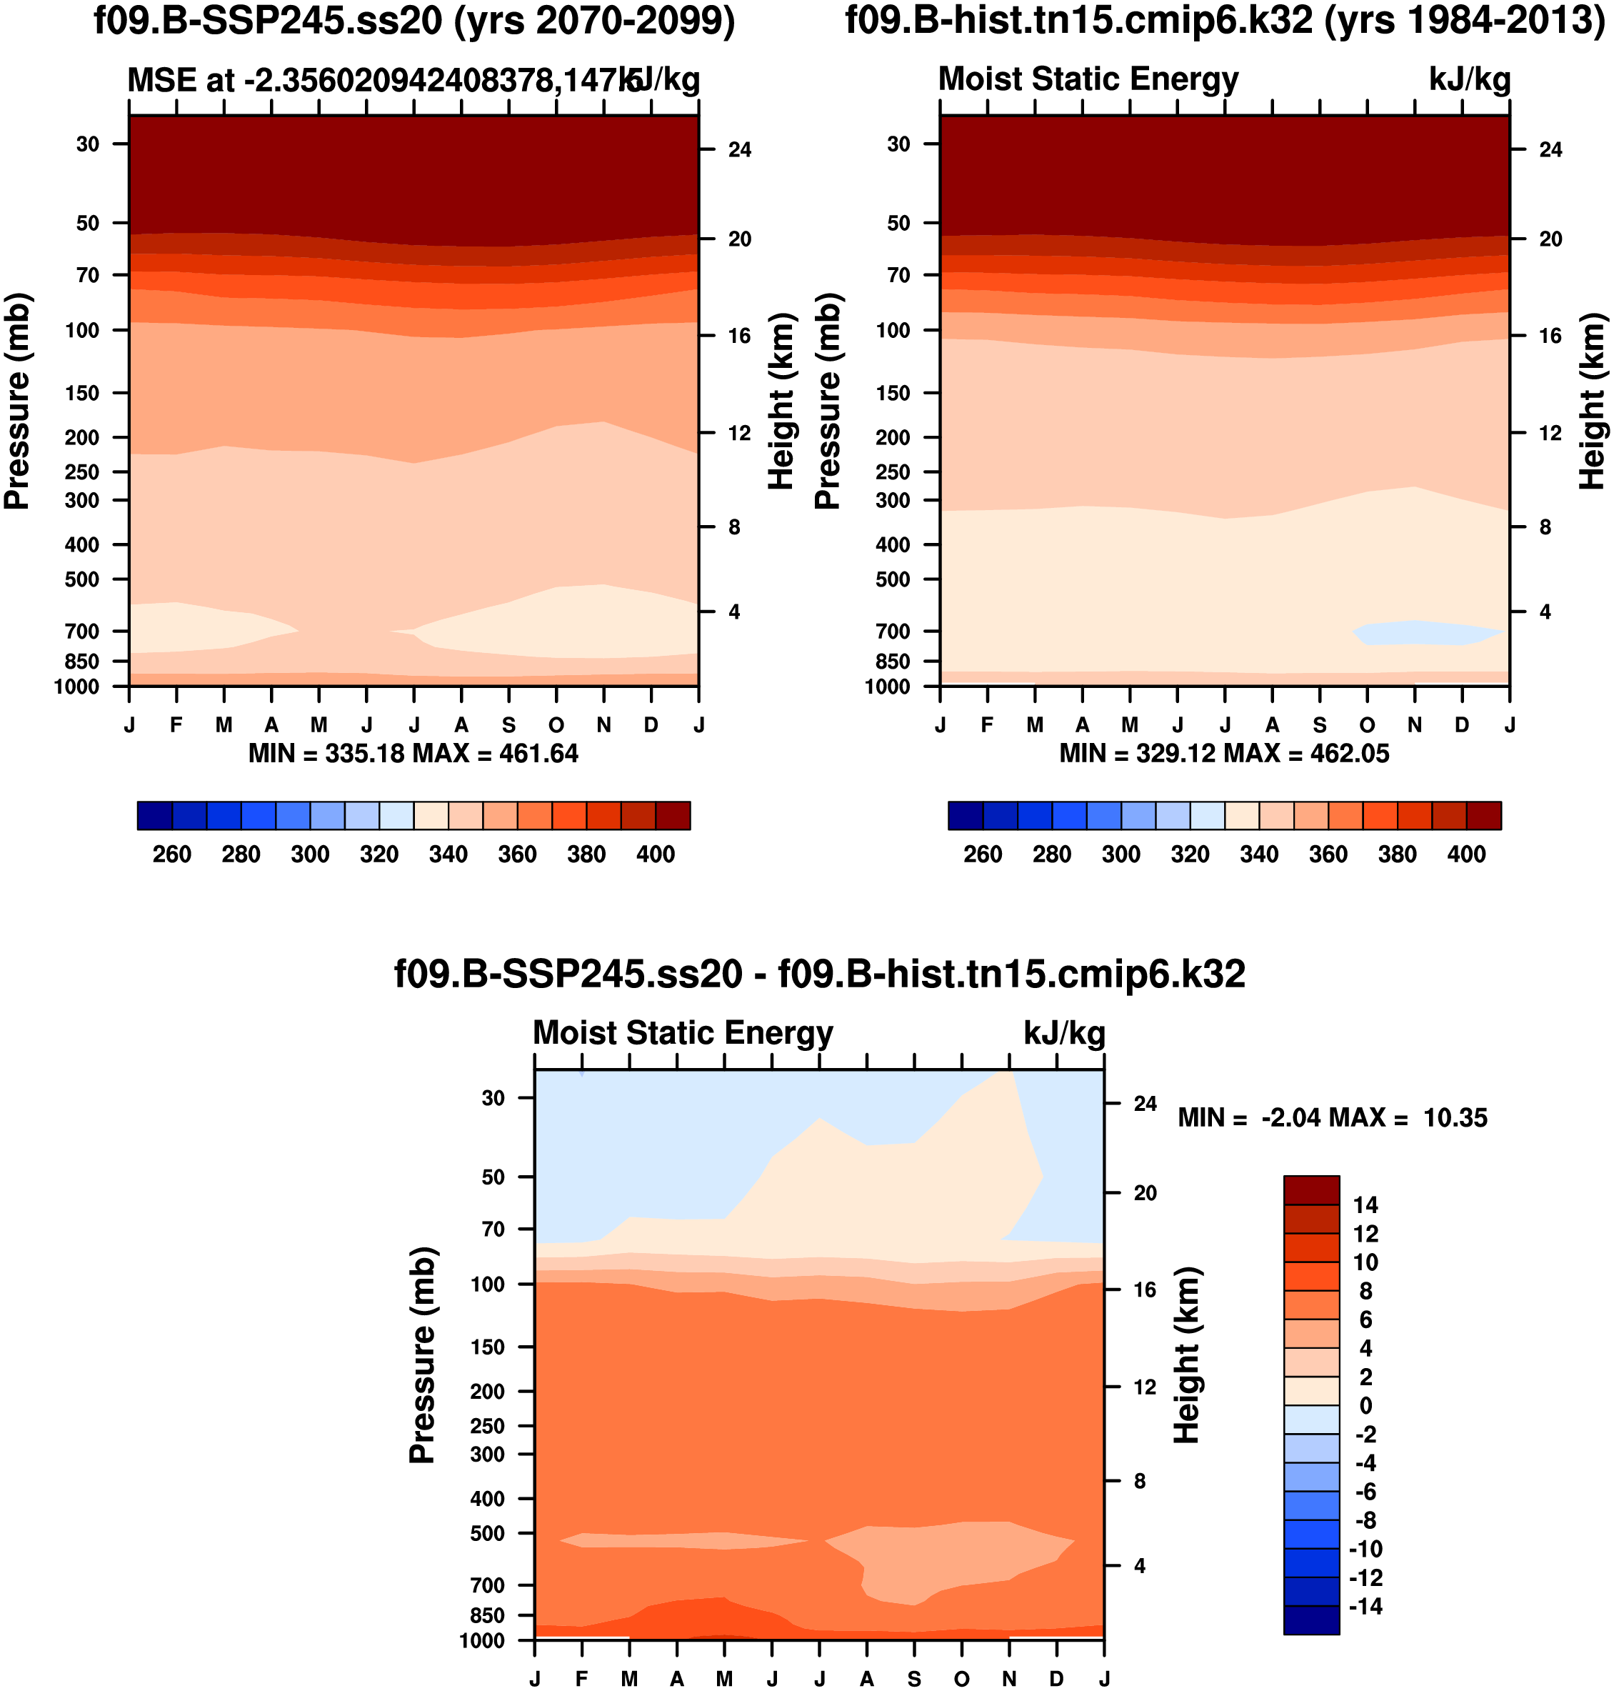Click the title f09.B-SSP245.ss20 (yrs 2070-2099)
pos(413,21)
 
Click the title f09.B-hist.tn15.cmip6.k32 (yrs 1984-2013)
pos(1225,21)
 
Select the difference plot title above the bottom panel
pos(819,974)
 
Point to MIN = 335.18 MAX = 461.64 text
pos(413,754)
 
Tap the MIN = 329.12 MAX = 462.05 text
pos(1223,754)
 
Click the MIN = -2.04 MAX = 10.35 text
pos(1332,1118)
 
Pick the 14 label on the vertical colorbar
pos(1365,1204)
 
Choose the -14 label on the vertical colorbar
pos(1365,1607)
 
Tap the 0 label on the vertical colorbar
pos(1365,1405)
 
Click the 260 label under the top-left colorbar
pos(172,854)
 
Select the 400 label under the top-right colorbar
pos(1466,854)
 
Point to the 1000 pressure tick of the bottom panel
pos(482,1641)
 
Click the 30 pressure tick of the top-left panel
pos(88,144)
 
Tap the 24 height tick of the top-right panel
pos(1550,150)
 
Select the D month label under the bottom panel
pos(1056,1679)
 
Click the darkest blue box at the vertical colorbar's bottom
pos(1311,1620)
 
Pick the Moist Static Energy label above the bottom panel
pos(683,1032)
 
